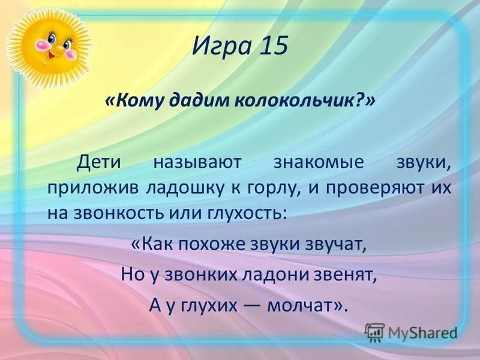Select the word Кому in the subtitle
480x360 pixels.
point(136,101)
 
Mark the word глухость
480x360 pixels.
point(246,214)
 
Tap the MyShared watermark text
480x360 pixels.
point(422,332)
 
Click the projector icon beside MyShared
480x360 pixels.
point(374,332)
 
